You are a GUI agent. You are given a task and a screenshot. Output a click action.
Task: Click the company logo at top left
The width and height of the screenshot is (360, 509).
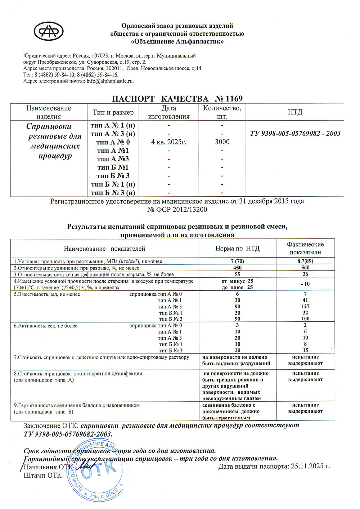(x=49, y=31)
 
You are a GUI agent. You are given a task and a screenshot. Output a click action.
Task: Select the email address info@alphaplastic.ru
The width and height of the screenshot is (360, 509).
(x=110, y=81)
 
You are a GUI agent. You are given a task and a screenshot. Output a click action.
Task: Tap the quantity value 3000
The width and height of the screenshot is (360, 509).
(x=222, y=142)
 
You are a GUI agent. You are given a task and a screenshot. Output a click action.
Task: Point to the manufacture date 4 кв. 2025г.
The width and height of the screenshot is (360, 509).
(x=168, y=142)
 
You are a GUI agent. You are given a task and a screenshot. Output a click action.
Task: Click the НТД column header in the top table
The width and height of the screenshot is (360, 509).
(x=295, y=112)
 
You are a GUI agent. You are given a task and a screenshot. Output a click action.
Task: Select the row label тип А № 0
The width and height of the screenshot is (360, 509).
(x=113, y=142)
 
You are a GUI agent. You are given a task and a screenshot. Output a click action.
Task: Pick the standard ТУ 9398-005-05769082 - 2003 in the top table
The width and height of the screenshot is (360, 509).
(x=295, y=134)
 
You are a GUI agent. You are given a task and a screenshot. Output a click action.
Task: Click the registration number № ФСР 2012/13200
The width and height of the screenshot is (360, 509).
(x=177, y=210)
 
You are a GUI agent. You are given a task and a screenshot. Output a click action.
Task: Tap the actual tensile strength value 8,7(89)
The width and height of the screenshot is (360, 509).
(x=305, y=261)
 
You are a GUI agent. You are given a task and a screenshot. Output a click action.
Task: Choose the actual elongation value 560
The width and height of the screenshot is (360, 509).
(x=305, y=268)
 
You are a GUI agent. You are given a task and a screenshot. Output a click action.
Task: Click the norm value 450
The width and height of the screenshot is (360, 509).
(x=237, y=268)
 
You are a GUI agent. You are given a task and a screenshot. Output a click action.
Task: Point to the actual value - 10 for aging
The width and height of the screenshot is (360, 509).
(x=305, y=284)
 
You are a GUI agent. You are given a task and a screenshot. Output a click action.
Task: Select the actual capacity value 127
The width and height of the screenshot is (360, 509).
(x=306, y=307)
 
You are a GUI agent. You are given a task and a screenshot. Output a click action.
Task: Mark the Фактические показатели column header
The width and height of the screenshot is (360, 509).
(x=305, y=248)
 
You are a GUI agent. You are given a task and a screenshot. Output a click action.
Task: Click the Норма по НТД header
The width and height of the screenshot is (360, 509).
(x=237, y=249)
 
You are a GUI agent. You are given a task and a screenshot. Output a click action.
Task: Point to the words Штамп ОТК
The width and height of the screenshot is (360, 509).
(x=42, y=475)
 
